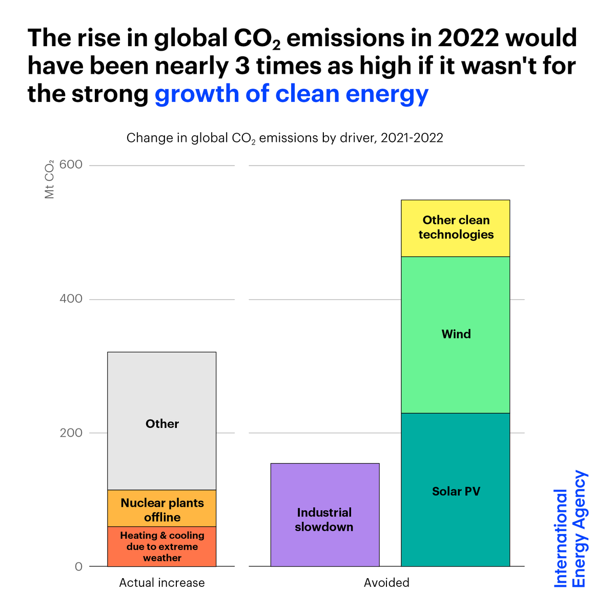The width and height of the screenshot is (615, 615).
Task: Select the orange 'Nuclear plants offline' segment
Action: click(161, 509)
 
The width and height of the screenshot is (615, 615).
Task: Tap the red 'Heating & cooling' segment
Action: click(161, 546)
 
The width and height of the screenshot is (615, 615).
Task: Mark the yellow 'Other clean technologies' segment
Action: click(455, 228)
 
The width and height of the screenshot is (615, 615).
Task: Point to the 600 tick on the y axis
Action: click(71, 165)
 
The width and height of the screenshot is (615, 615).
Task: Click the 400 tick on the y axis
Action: click(71, 299)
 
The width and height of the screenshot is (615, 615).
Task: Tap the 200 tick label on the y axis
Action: click(71, 433)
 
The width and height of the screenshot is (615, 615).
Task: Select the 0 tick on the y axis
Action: click(78, 566)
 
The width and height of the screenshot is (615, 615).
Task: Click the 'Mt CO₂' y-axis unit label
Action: click(49, 179)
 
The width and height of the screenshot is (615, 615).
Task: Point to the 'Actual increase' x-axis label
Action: click(161, 583)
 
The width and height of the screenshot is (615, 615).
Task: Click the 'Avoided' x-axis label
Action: click(386, 583)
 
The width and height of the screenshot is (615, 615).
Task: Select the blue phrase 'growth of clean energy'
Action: click(291, 94)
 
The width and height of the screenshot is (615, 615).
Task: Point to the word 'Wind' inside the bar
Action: click(456, 334)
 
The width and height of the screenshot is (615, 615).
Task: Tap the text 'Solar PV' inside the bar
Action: click(456, 491)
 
